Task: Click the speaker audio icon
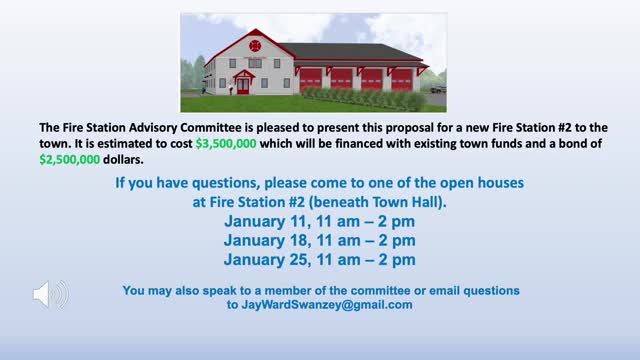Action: point(50,294)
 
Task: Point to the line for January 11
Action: point(320,222)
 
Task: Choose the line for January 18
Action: point(320,241)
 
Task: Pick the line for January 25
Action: point(320,260)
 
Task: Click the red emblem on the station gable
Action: point(255,45)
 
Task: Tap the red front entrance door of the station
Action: point(243,85)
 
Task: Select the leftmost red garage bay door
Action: point(311,78)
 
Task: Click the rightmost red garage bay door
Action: point(402,78)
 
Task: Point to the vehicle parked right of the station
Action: point(437,87)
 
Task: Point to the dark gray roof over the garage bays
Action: point(355,52)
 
